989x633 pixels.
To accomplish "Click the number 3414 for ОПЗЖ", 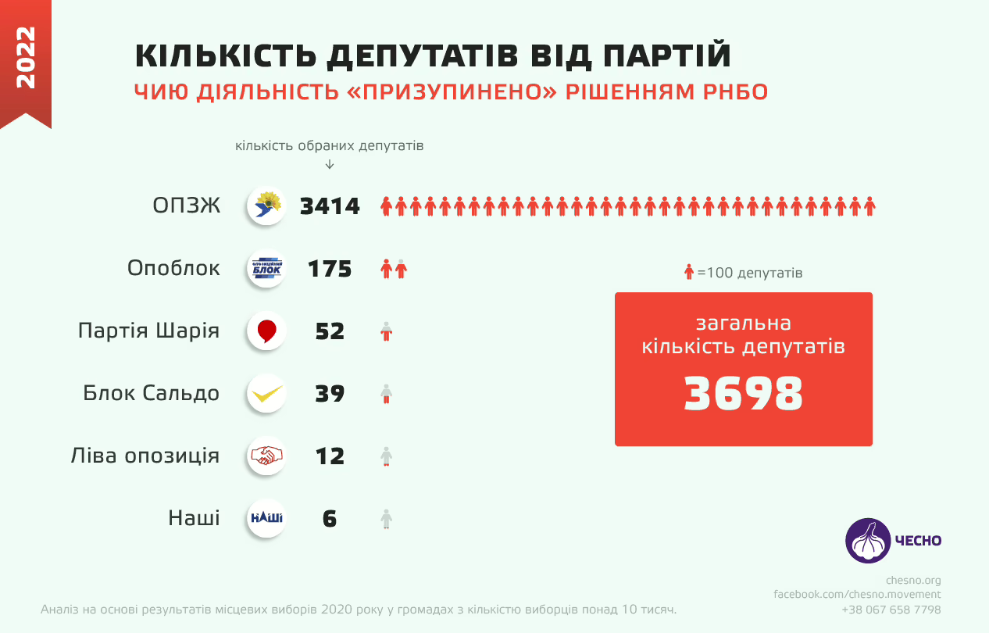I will pyautogui.click(x=330, y=206).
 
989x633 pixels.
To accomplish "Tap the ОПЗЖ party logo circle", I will pyautogui.click(x=266, y=206).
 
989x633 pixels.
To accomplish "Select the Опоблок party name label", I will pyautogui.click(x=173, y=268).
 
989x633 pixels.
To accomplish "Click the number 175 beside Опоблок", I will pyautogui.click(x=330, y=269).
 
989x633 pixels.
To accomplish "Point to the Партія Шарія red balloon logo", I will pyautogui.click(x=266, y=331).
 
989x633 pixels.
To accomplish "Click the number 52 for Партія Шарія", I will pyautogui.click(x=330, y=331).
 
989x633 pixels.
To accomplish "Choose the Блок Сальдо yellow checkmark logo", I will pyautogui.click(x=266, y=393).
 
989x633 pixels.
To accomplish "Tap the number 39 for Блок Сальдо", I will pyautogui.click(x=330, y=394).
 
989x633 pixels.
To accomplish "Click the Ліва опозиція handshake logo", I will pyautogui.click(x=266, y=456).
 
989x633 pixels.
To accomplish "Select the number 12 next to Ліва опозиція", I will pyautogui.click(x=330, y=456).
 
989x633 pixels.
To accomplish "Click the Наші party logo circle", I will pyautogui.click(x=266, y=517).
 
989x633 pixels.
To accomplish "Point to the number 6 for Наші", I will pyautogui.click(x=330, y=519).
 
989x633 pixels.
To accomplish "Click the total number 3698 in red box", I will pyautogui.click(x=743, y=394).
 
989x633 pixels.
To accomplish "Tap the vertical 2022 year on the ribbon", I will pyautogui.click(x=25, y=57).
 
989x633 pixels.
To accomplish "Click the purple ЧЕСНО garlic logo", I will pyautogui.click(x=868, y=540).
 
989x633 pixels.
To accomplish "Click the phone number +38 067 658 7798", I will pyautogui.click(x=891, y=610).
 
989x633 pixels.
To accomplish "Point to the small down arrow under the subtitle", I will pyautogui.click(x=330, y=164).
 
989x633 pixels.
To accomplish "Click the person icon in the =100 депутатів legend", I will pyautogui.click(x=688, y=273).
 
